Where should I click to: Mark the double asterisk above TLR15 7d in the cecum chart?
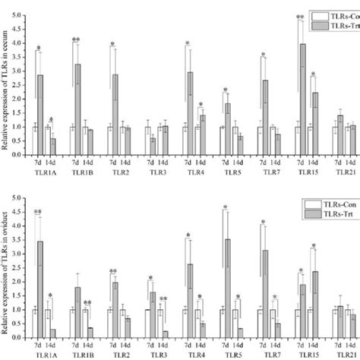pyautogui.click(x=300, y=17)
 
